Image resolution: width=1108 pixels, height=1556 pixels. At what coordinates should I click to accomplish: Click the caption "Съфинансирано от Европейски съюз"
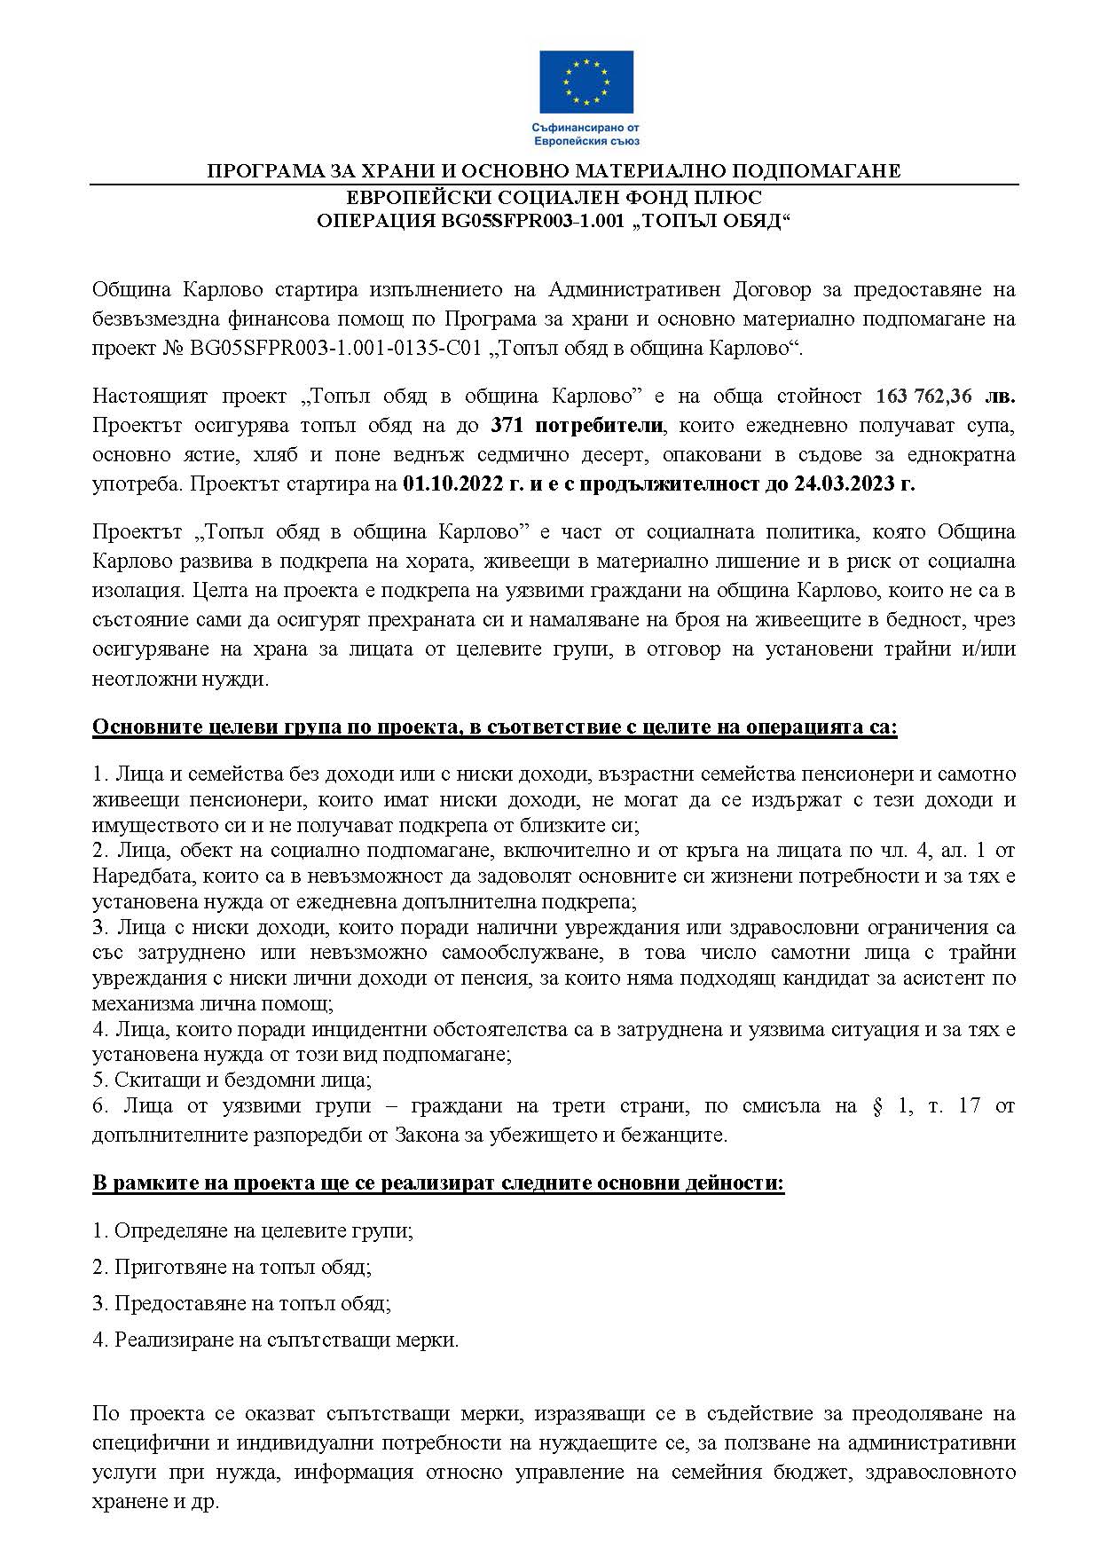coord(586,134)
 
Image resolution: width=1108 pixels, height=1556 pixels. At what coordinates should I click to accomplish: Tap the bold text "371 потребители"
coord(577,425)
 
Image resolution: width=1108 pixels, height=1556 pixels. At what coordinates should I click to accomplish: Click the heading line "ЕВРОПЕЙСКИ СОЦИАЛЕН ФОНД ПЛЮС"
coord(554,197)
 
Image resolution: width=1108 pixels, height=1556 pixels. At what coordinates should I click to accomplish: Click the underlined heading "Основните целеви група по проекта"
coord(494,728)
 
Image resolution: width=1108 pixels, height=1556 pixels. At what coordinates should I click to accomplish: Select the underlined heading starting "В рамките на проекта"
coord(438,1183)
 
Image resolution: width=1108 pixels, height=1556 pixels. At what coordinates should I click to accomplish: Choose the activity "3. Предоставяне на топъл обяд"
coord(241,1303)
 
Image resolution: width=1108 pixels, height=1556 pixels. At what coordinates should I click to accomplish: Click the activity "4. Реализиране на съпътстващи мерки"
coord(275,1340)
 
